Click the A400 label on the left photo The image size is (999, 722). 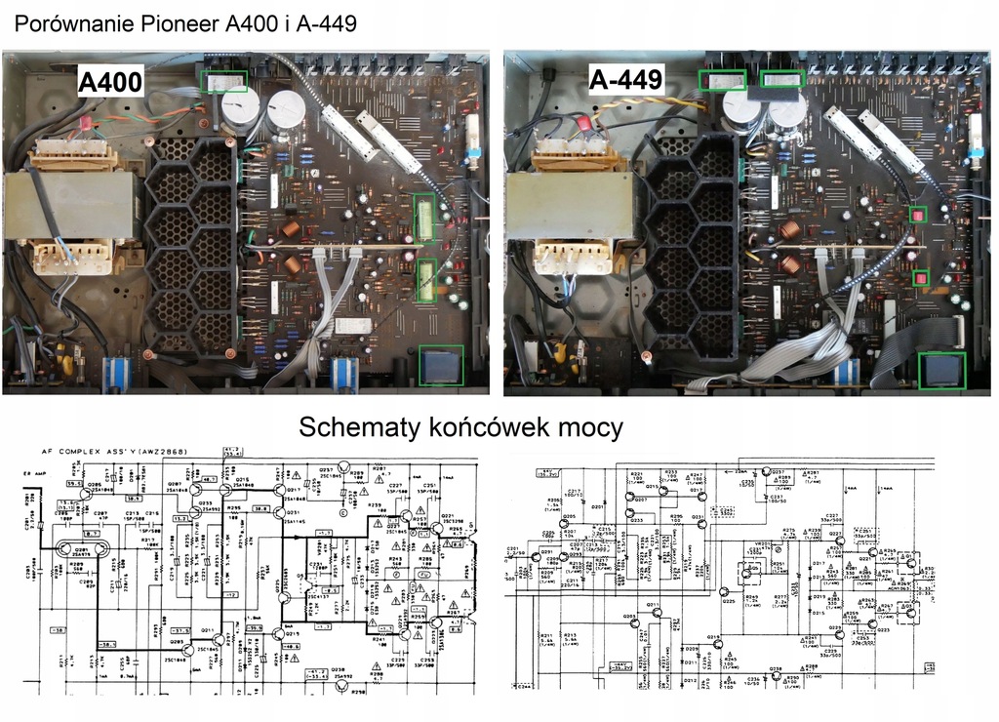tap(111, 81)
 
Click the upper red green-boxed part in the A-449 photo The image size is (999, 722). tap(917, 215)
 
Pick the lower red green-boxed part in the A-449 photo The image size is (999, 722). tap(919, 279)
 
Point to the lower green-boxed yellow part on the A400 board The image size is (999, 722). tap(425, 281)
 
